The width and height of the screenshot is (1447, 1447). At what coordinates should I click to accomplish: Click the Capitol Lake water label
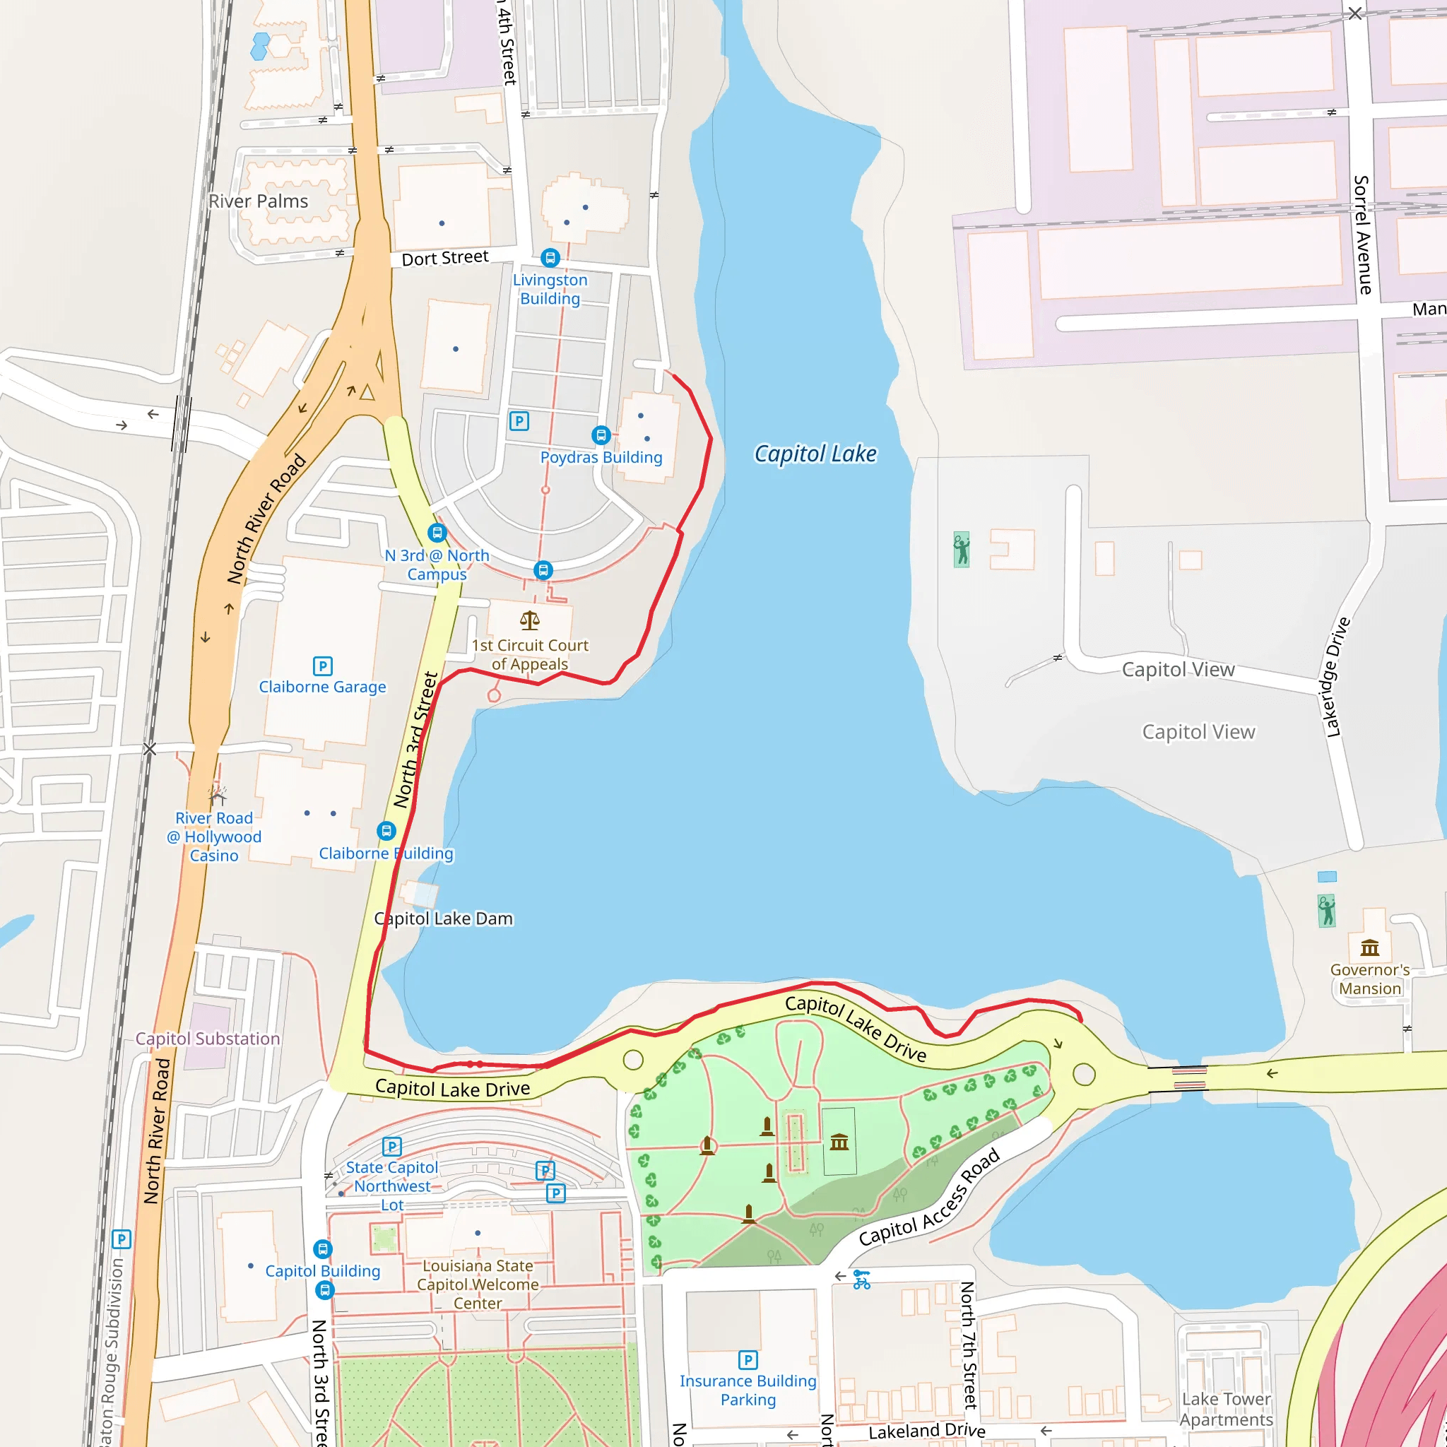(815, 454)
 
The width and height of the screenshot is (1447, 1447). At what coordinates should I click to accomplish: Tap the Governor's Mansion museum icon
(1370, 948)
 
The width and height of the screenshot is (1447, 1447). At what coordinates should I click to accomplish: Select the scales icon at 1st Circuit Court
(529, 620)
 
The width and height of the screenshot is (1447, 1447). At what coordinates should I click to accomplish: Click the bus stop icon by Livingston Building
(550, 258)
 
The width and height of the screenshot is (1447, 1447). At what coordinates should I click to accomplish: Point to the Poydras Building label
(601, 458)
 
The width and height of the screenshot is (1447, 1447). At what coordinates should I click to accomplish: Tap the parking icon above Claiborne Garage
(323, 666)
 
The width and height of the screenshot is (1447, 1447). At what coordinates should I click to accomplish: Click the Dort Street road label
(445, 259)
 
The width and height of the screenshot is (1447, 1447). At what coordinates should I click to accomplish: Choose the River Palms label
(259, 201)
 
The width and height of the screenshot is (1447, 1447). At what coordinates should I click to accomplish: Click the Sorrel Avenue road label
(1362, 235)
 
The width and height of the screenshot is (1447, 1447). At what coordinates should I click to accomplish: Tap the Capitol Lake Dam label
(444, 919)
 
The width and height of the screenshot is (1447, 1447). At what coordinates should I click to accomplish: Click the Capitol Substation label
(208, 1039)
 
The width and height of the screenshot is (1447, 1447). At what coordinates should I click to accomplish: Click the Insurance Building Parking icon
(748, 1359)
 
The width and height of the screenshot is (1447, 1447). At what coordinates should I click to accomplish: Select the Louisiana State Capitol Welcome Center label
(478, 1284)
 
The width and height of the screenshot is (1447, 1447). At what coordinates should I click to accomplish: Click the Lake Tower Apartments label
(1226, 1409)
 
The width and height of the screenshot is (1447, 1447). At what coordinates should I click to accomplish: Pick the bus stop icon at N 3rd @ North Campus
(437, 533)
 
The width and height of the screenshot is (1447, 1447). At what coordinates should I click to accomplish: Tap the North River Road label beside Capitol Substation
(157, 1131)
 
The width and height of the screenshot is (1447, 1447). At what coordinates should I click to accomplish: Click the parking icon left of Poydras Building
(519, 421)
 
